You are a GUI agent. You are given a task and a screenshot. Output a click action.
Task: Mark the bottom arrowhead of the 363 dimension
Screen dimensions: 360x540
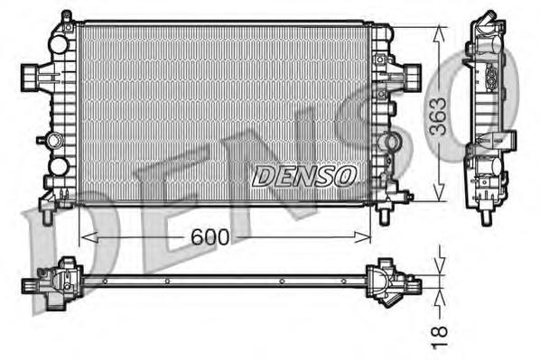[x=440, y=194]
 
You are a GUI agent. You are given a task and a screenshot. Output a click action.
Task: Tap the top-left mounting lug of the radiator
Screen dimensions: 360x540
[x=66, y=18]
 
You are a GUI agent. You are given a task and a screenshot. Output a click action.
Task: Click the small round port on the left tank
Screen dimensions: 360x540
[x=58, y=166]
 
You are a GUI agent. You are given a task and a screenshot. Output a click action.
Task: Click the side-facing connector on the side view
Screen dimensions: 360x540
[x=506, y=142]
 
